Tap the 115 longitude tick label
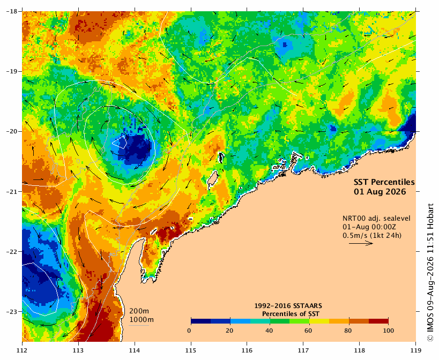point(191,350)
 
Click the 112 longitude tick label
point(22,350)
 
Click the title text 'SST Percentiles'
point(384,182)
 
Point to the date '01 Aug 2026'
point(380,192)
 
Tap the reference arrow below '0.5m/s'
point(361,243)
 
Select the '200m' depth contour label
point(139,311)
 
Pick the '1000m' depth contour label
point(142,320)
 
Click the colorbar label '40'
point(269,331)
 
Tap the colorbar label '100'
point(388,331)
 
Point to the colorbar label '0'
point(189,331)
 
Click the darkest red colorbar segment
point(378,321)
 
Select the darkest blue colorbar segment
point(201,321)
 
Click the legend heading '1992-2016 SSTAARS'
point(288,306)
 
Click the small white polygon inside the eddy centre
point(120,141)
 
